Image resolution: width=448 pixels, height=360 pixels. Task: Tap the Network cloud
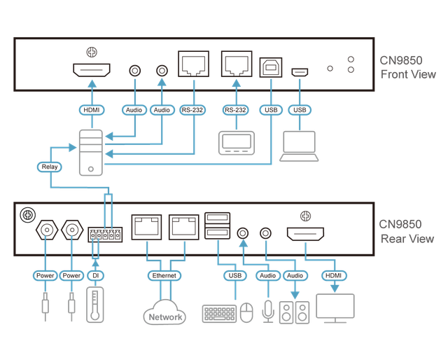click(164, 317)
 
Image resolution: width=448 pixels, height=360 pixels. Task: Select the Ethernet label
click(164, 276)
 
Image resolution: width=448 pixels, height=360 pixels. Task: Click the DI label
click(97, 276)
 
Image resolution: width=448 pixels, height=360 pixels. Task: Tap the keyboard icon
click(218, 314)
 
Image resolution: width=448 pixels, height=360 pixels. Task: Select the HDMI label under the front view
click(92, 110)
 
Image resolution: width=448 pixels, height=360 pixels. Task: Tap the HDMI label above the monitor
click(335, 276)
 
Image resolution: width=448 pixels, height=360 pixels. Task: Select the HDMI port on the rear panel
click(304, 233)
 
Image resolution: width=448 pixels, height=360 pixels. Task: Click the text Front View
click(408, 74)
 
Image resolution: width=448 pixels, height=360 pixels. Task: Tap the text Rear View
click(407, 239)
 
